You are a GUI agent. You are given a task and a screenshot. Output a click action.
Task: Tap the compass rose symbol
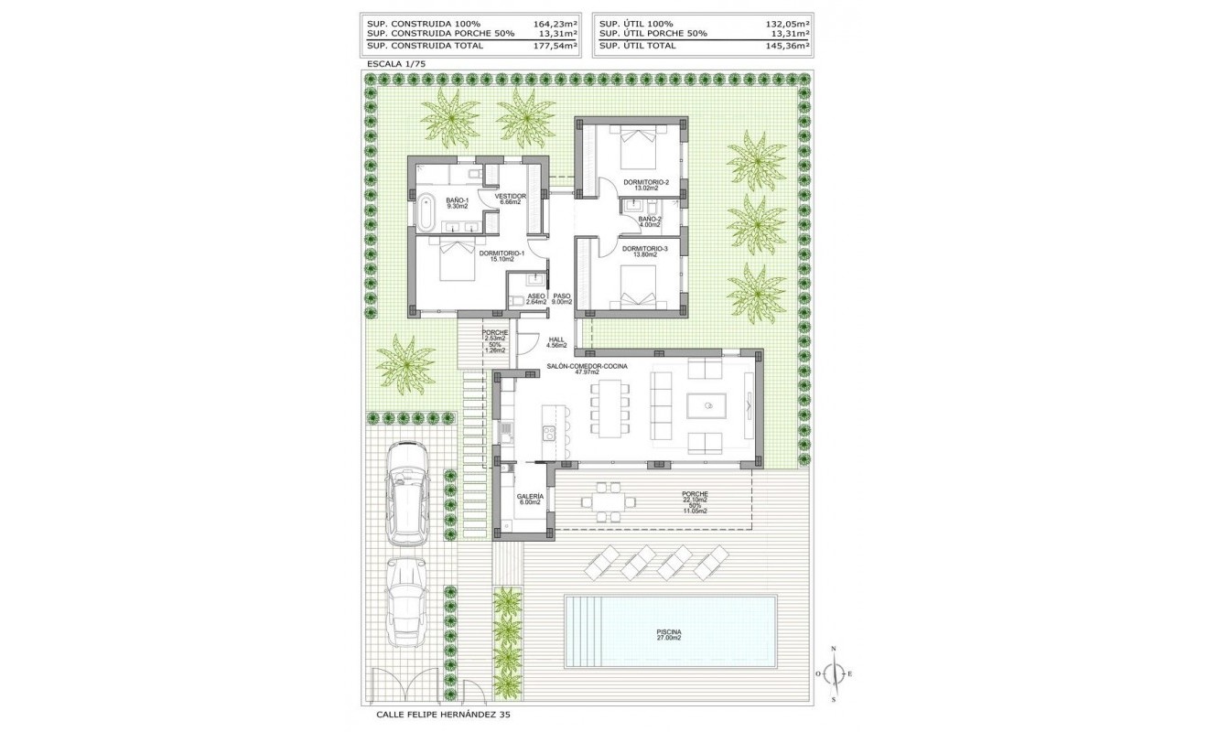(834, 674)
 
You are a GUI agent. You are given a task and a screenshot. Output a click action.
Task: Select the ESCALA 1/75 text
(395, 63)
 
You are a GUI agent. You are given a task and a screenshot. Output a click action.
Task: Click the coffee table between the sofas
(706, 406)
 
